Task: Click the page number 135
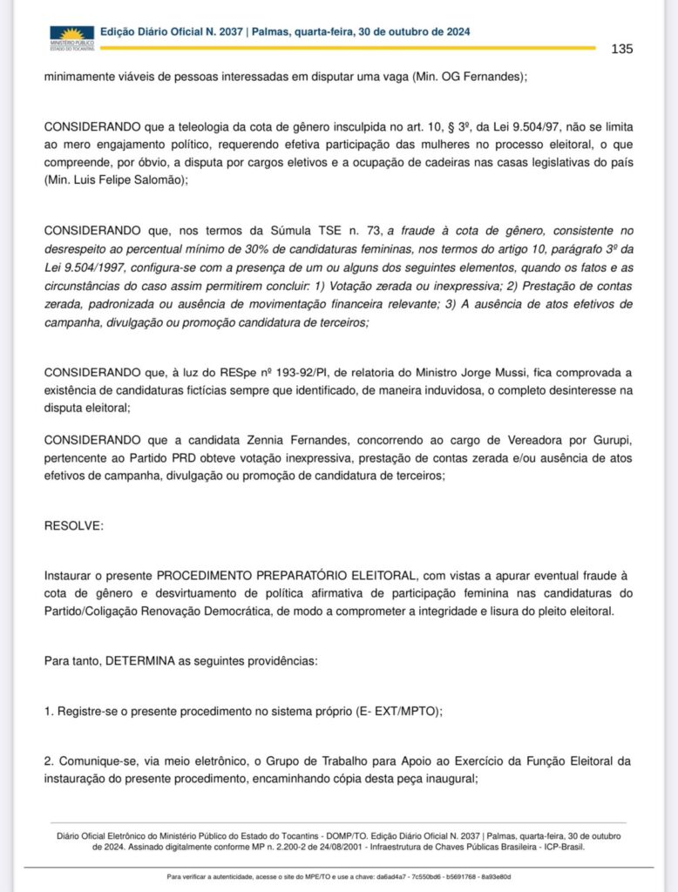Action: click(x=621, y=49)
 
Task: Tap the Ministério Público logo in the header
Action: click(x=71, y=37)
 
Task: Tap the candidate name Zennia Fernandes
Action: click(x=296, y=440)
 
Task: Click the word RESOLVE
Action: click(x=73, y=526)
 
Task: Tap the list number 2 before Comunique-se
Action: click(x=48, y=761)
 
